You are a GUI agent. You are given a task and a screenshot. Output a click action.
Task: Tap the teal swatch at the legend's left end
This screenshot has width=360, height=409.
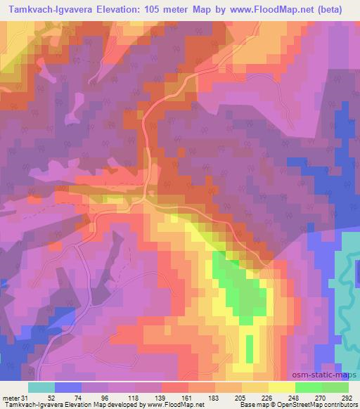[x=41, y=387]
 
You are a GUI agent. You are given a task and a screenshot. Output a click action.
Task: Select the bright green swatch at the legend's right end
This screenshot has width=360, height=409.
[x=335, y=387]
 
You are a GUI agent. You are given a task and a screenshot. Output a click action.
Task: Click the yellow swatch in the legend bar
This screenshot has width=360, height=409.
[x=282, y=387]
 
